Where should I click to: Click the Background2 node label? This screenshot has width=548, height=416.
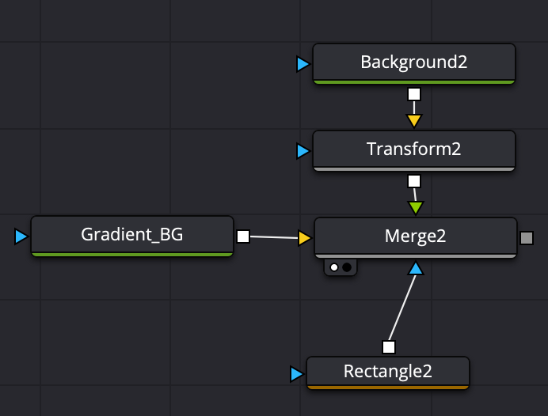pos(413,62)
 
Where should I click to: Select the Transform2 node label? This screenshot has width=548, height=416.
pos(413,149)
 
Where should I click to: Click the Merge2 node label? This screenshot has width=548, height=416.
pos(416,236)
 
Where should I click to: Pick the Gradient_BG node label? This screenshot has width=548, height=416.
pos(132,234)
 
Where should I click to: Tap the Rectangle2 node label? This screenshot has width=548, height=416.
pos(388,371)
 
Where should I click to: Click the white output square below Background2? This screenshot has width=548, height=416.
pos(413,95)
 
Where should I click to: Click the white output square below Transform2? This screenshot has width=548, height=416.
pos(413,181)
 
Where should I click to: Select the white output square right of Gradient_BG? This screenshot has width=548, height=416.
pos(243,236)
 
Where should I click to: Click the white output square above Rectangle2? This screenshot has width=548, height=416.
pos(388,347)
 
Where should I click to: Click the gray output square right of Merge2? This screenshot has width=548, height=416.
pos(527,237)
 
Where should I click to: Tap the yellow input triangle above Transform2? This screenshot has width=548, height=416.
pos(413,121)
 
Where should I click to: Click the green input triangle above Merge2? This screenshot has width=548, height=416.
pos(416,208)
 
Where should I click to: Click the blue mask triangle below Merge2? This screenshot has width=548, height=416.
pos(416,269)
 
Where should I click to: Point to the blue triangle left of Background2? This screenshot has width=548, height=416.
pos(303,64)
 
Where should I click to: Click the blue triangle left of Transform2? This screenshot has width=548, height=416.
pos(303,150)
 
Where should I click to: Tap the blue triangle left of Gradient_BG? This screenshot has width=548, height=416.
pos(21,236)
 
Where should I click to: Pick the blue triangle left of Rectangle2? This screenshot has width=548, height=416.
pos(296,373)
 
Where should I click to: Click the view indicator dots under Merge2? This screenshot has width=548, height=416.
pos(341,267)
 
